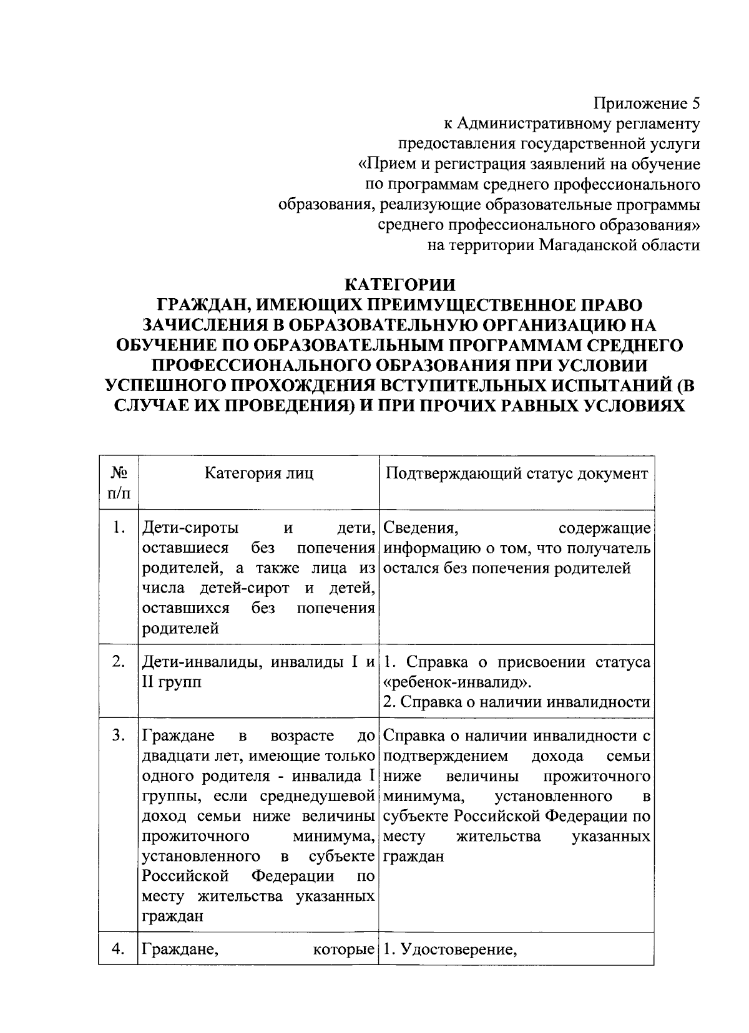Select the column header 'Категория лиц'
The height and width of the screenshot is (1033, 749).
(x=259, y=473)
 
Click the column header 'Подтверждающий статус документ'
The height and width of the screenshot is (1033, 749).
(x=516, y=473)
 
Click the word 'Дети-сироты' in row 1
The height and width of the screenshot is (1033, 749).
(x=190, y=528)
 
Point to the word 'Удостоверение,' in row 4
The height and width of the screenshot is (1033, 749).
(x=459, y=950)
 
